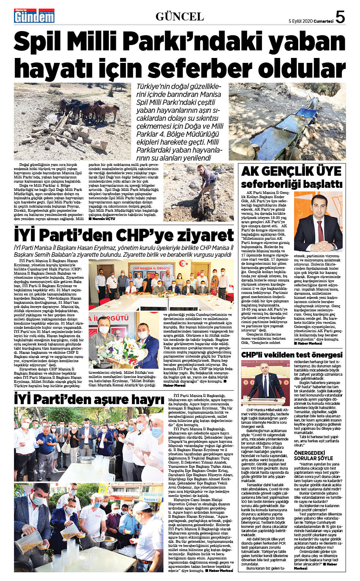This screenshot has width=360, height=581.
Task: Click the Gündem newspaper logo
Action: (30, 16)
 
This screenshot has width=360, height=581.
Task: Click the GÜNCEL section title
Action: (180, 17)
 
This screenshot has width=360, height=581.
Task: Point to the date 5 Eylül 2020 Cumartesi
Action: (311, 21)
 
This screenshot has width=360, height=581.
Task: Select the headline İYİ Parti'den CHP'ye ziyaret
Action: (124, 235)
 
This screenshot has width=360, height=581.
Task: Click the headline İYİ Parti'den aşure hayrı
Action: (89, 399)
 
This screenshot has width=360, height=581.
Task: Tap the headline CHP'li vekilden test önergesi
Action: (292, 355)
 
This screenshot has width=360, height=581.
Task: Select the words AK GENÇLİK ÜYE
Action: (291, 171)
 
